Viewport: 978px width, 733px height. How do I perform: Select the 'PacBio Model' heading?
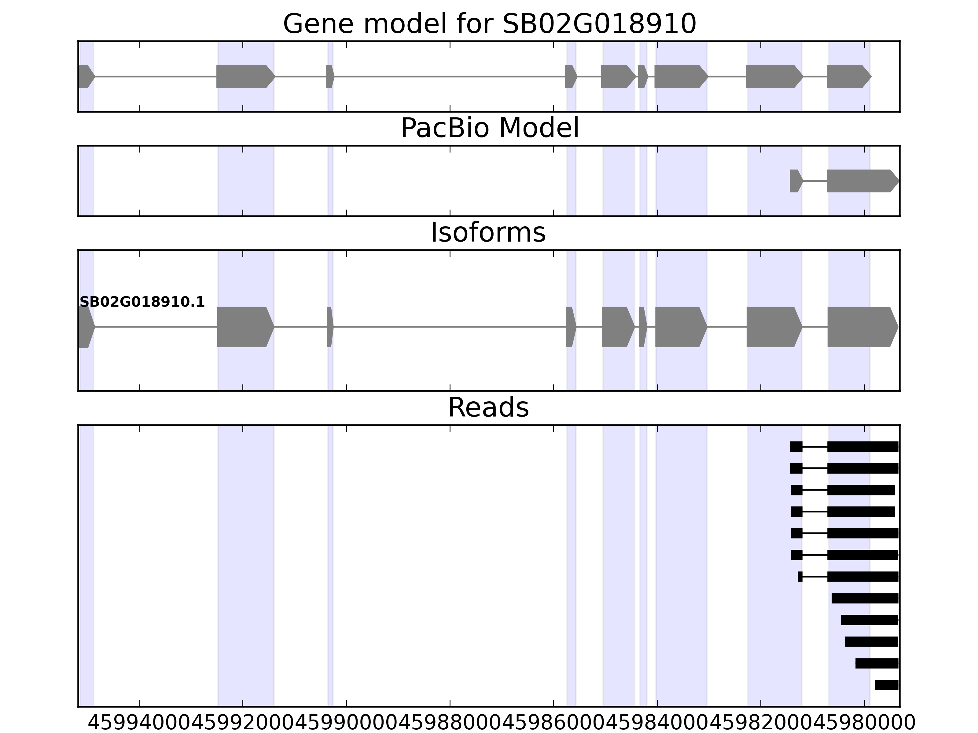489,129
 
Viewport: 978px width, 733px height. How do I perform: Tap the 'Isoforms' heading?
488,233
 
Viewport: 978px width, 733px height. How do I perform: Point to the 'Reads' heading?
488,408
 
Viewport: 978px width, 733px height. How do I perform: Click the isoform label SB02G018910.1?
142,302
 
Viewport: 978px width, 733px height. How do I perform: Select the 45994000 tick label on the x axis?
140,723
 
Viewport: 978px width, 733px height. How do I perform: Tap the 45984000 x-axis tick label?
657,723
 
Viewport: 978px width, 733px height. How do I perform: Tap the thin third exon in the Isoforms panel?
329,327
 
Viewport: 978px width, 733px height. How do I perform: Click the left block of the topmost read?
796,447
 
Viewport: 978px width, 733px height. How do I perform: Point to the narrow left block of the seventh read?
800,577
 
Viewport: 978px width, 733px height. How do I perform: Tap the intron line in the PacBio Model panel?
815,181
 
